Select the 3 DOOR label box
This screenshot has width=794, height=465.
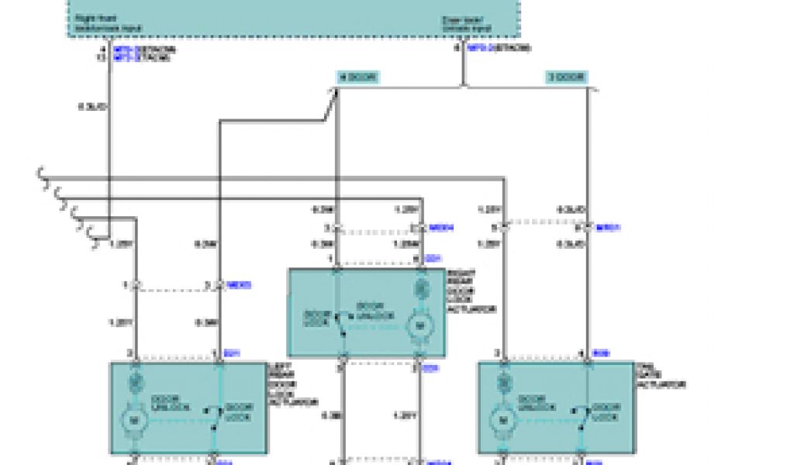(x=567, y=77)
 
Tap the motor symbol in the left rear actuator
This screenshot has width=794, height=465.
(x=133, y=421)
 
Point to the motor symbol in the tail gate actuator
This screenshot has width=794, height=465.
(x=502, y=421)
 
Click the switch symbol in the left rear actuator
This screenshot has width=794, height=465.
(x=211, y=418)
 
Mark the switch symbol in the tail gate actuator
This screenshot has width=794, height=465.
(x=580, y=418)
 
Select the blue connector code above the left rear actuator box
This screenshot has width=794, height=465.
(x=232, y=353)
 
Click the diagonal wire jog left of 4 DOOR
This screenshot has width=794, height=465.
(x=329, y=104)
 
